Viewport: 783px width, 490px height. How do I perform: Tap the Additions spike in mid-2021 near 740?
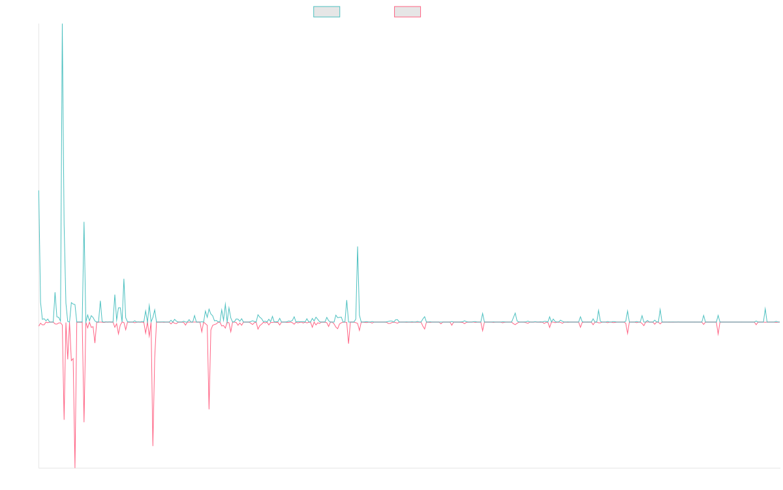coord(358,248)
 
